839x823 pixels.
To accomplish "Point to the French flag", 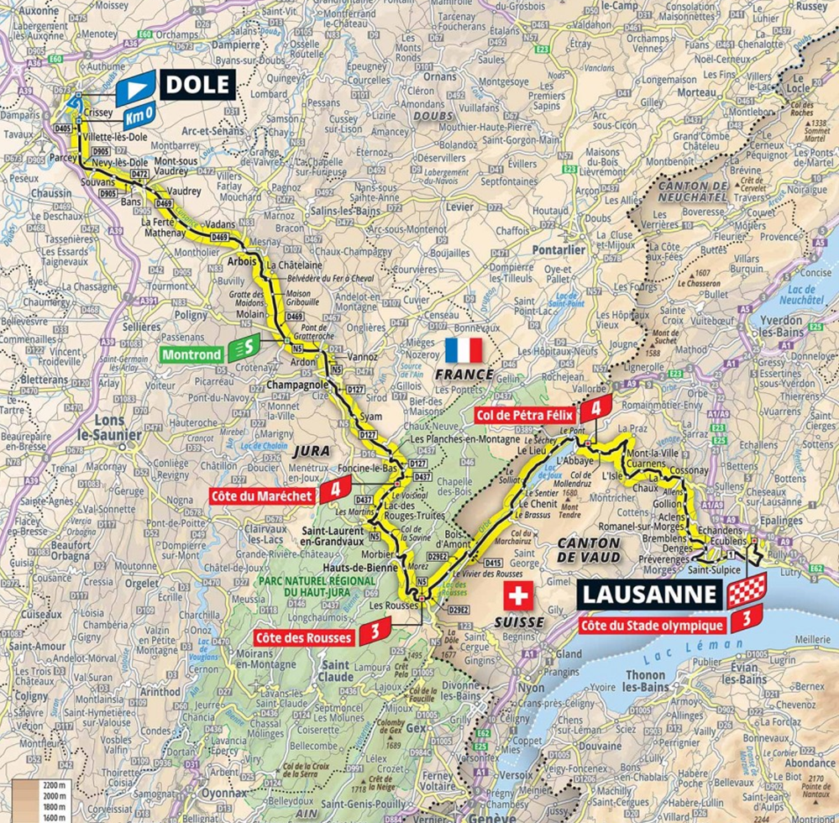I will [x=464, y=349].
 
